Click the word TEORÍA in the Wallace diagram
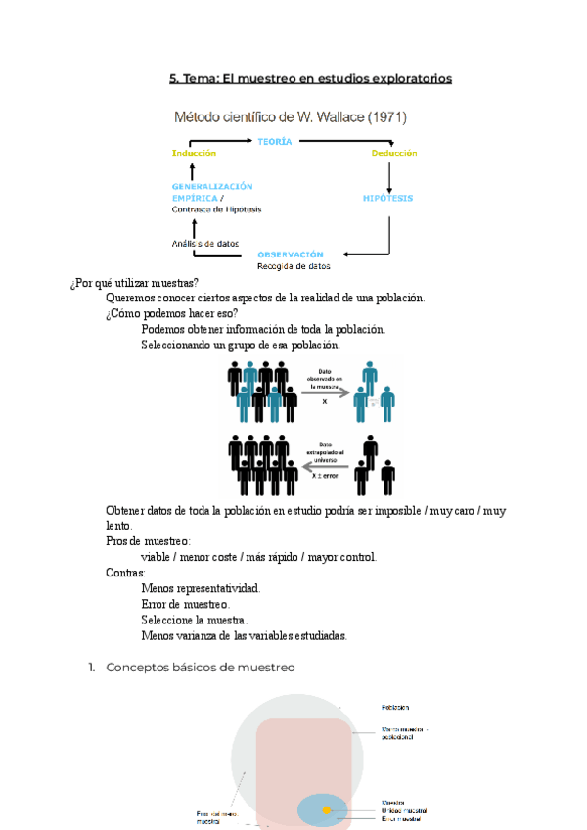[274, 143]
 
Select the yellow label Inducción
[194, 154]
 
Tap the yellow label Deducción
[394, 154]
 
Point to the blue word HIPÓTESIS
[387, 198]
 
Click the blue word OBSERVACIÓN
[291, 254]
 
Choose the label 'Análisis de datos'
[204, 244]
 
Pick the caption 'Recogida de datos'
[293, 266]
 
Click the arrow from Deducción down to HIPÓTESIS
[390, 176]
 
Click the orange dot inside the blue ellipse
[326, 810]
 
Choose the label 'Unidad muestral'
[405, 810]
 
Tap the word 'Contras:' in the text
[125, 573]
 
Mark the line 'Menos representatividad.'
[201, 588]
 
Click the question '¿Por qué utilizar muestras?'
[135, 283]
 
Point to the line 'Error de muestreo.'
[186, 604]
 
